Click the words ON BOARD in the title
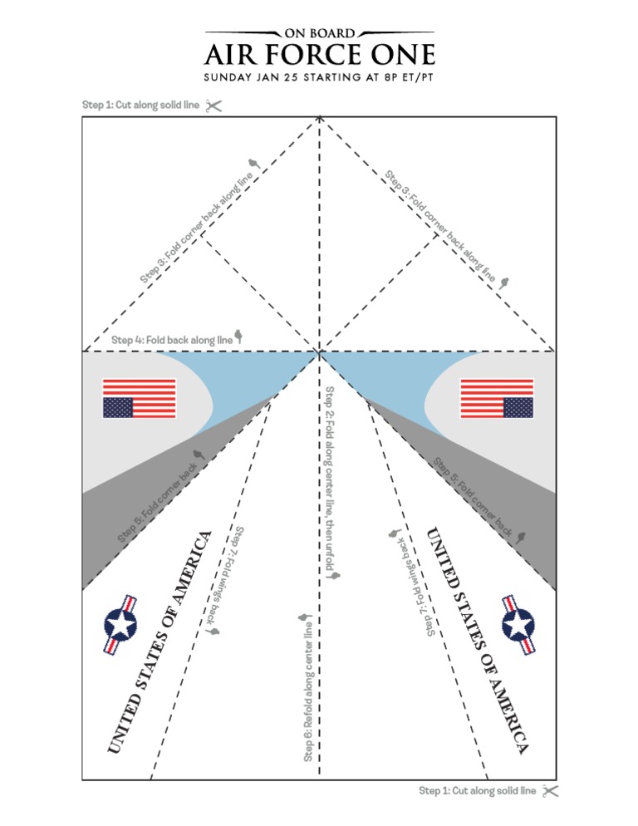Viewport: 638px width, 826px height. coord(320,33)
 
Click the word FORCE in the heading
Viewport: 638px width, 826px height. coord(325,56)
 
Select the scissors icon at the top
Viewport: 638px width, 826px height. coord(213,106)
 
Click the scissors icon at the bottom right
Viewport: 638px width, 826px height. coord(549,791)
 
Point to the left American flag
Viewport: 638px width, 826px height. coord(140,398)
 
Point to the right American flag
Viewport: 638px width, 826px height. coord(497,398)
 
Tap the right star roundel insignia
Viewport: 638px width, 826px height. coord(518,624)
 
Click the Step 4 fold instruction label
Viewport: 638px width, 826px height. coord(172,340)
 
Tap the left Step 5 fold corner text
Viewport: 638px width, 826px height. coord(158,502)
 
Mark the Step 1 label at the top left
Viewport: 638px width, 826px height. coord(140,106)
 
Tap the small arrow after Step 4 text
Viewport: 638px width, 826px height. coord(239,337)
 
